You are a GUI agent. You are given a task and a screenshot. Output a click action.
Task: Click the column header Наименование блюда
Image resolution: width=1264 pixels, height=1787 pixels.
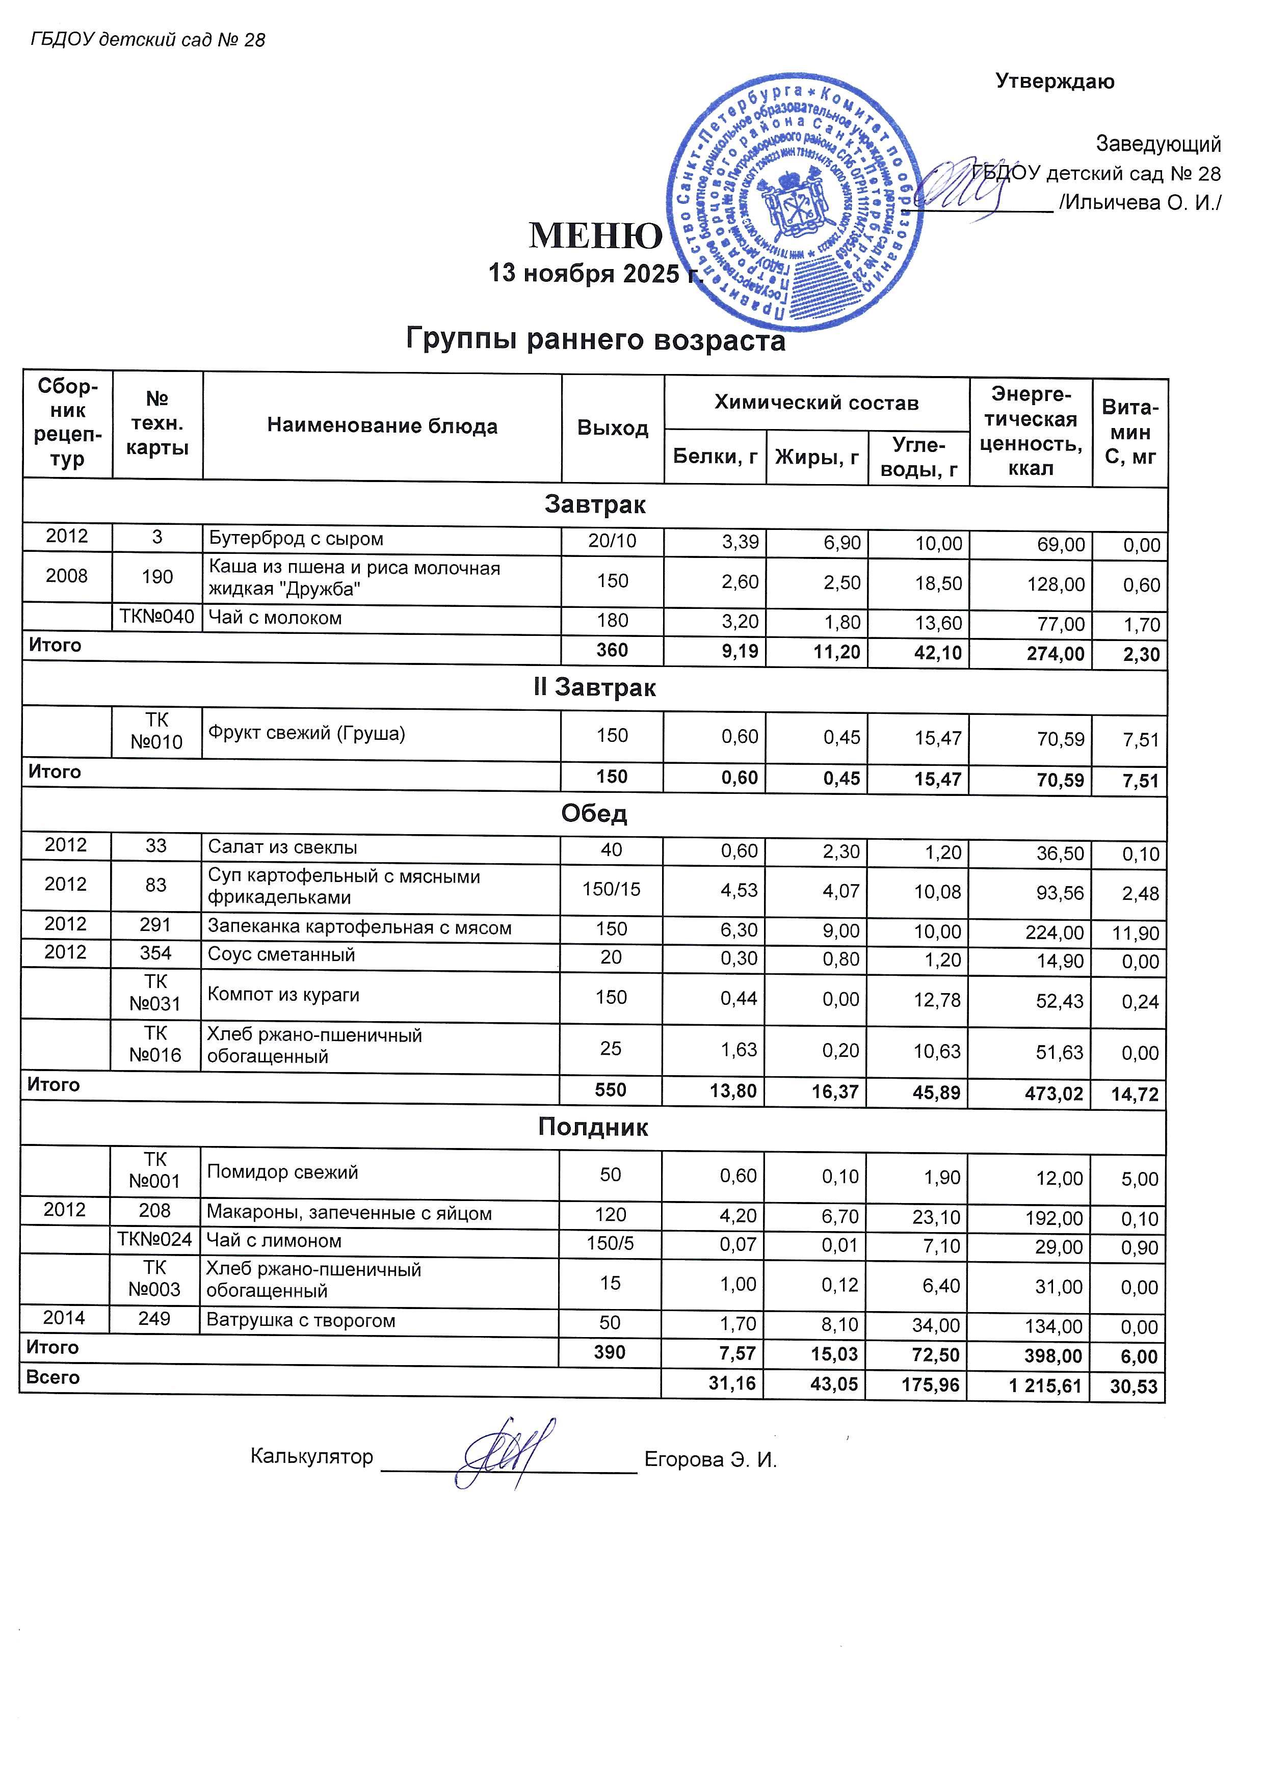coord(382,426)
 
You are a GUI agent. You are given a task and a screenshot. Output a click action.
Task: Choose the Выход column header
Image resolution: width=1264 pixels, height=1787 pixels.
coord(613,428)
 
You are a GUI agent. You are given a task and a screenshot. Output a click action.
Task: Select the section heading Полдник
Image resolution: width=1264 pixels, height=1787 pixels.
coord(593,1127)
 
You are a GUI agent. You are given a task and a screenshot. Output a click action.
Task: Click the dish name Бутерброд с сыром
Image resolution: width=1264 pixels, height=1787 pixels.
coord(296,539)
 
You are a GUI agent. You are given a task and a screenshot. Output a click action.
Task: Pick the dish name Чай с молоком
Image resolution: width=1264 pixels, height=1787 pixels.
coord(275,618)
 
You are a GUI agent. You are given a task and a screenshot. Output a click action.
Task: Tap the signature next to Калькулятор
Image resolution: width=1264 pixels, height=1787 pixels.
coord(507,1454)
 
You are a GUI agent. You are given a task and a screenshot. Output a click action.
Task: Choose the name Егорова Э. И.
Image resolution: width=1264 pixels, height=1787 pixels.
coord(710,1459)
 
